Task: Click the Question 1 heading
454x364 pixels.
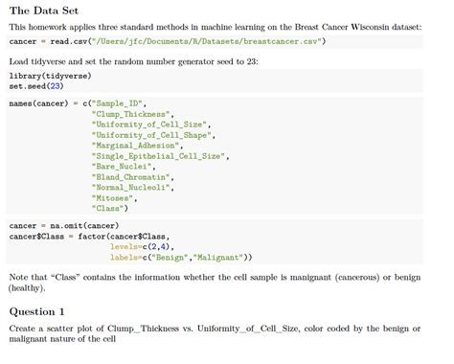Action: [37, 311]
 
